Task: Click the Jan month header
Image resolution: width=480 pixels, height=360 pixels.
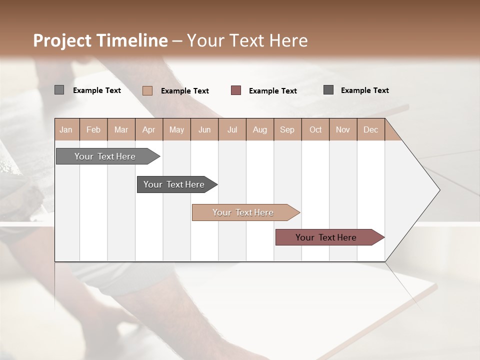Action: click(66, 129)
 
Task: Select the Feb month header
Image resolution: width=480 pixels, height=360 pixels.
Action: click(93, 129)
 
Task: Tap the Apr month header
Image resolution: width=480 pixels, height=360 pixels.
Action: click(149, 129)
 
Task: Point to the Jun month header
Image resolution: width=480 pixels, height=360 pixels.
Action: click(204, 129)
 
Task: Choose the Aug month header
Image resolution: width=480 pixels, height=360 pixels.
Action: click(260, 129)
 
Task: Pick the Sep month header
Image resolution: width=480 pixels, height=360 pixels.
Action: click(287, 129)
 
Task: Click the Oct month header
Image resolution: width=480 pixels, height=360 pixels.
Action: click(315, 129)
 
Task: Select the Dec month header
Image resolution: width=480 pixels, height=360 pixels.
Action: click(371, 129)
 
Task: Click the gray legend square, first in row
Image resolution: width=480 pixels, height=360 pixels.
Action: click(59, 90)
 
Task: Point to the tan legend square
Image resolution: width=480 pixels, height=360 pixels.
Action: click(147, 90)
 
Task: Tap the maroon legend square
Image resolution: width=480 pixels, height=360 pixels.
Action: click(236, 90)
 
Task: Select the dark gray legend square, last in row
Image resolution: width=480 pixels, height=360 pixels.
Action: click(328, 90)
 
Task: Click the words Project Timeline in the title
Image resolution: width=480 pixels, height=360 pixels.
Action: click(100, 40)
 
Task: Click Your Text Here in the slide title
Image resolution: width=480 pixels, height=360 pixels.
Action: click(247, 40)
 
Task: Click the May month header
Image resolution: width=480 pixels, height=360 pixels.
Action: click(176, 129)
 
